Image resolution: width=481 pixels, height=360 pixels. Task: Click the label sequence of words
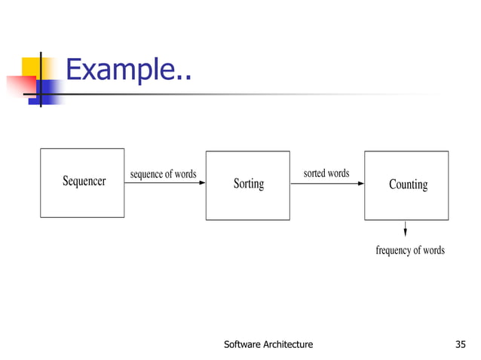coord(163,175)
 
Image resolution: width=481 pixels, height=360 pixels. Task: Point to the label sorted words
coord(326,174)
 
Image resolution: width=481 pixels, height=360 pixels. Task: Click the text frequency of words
coord(410,250)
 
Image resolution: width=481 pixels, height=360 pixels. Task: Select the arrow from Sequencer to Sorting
coord(165,183)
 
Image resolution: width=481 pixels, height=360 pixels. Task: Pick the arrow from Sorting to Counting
coord(327,183)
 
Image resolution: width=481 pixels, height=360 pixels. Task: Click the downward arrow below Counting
coord(406,228)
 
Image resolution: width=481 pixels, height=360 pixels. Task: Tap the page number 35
coord(461,345)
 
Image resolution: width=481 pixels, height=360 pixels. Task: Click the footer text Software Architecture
coord(268,345)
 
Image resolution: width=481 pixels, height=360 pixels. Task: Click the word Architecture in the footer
coord(286,345)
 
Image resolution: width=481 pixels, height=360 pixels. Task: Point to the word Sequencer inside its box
coord(83,182)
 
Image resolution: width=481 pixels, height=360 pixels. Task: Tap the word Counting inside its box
coord(408,185)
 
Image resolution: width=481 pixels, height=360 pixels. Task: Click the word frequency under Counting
coord(393,250)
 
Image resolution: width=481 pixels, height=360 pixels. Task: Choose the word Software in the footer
coord(241,345)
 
